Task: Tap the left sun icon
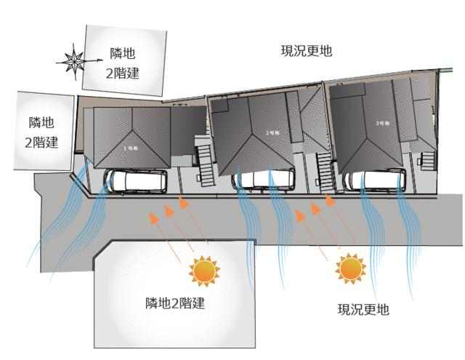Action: (203, 271)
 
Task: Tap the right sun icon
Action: (349, 268)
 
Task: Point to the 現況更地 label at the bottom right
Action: (363, 309)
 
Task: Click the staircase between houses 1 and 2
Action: (205, 162)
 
